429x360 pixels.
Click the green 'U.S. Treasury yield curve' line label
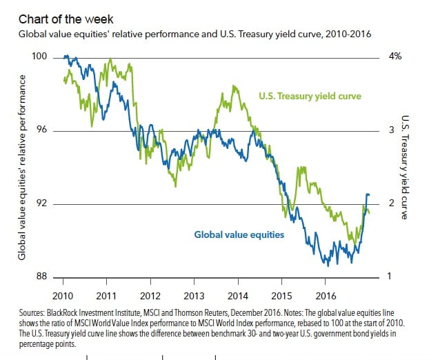[x=310, y=96]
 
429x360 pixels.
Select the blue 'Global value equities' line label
[x=239, y=235]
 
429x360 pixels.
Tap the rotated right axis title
[x=405, y=168]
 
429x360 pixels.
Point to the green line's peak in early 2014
[x=235, y=86]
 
